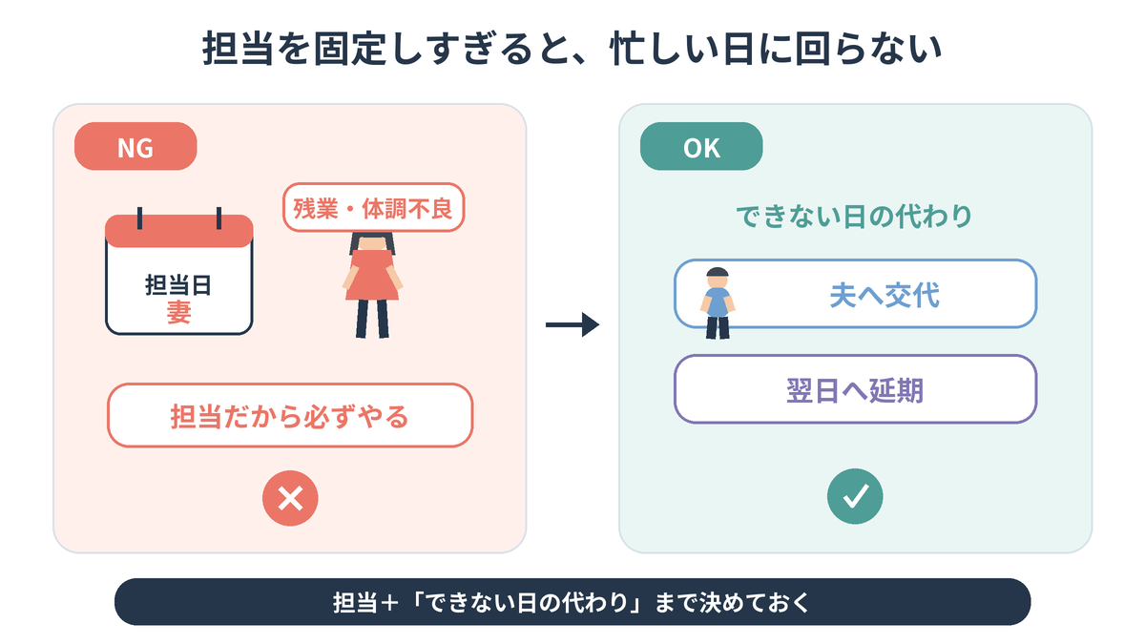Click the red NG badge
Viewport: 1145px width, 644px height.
(135, 146)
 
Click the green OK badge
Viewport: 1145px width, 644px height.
(701, 146)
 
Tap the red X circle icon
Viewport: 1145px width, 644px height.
(290, 498)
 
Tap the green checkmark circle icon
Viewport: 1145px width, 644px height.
(855, 496)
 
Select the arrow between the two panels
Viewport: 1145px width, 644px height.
(572, 324)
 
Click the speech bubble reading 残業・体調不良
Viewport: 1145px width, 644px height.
(374, 208)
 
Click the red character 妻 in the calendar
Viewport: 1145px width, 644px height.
(179, 312)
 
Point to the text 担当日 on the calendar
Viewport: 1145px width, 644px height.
(178, 284)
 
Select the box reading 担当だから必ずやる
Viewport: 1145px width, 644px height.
(290, 416)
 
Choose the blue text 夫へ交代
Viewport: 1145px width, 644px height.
(885, 295)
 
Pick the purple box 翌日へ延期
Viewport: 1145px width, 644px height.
(855, 389)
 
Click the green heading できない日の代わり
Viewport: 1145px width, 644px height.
(854, 216)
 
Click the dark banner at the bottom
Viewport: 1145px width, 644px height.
(572, 602)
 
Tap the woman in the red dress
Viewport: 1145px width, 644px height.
(372, 284)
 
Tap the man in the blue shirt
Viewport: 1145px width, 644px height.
(718, 303)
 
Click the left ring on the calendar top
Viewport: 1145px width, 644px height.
(139, 218)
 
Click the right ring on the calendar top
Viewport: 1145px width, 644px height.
(219, 218)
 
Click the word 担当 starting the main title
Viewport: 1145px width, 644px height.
(238, 49)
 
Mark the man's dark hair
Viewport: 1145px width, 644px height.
(718, 272)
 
